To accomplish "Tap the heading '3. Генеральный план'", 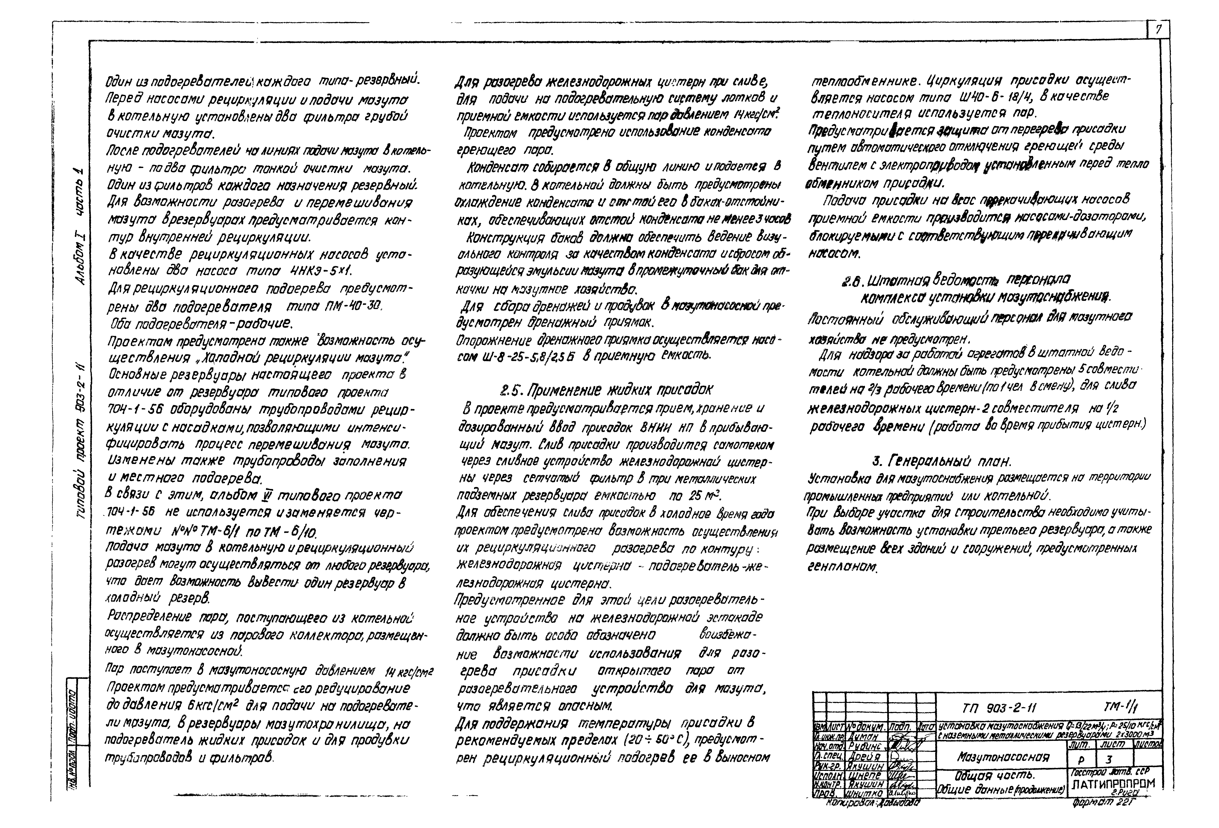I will coord(941,461).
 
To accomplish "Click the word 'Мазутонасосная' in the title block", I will coord(1002,757).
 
